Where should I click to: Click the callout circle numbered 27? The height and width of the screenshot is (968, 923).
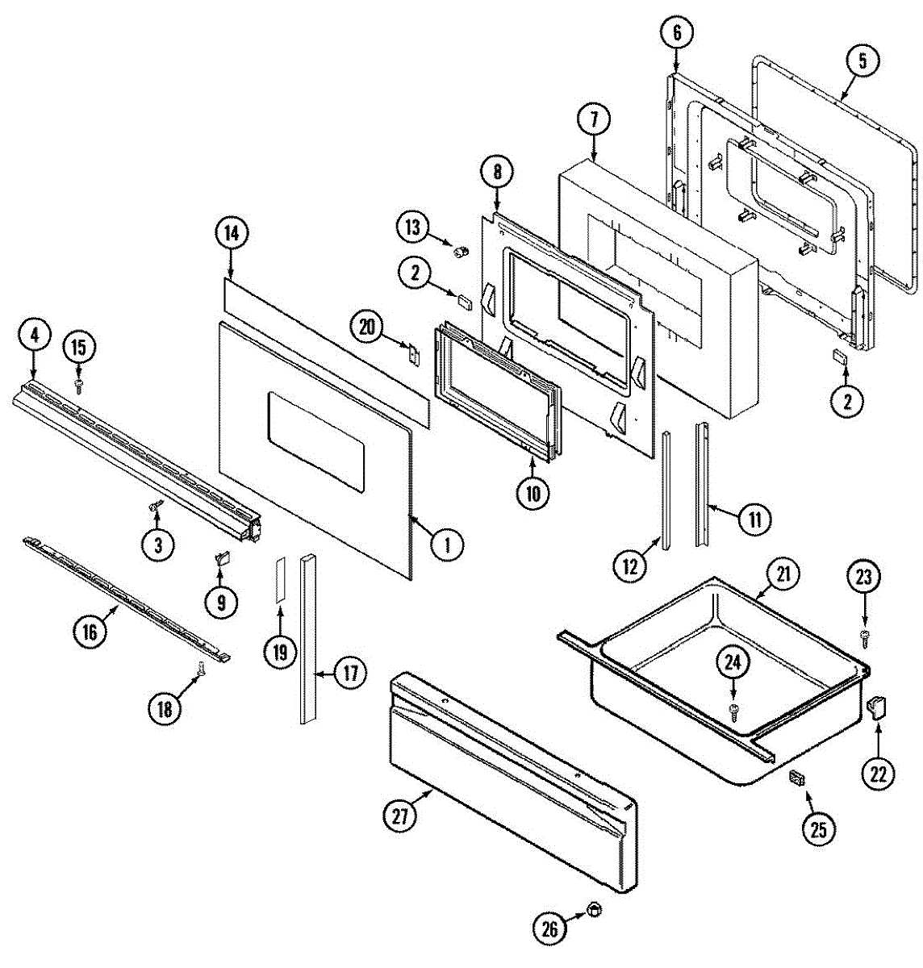click(401, 816)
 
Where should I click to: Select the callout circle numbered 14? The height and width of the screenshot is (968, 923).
click(232, 233)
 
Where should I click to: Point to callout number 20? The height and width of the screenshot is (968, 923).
click(367, 327)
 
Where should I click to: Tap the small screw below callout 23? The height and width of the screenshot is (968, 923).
click(865, 636)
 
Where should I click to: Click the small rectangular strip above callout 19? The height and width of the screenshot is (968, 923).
click(279, 578)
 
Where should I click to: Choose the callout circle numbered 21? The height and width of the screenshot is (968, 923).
click(783, 575)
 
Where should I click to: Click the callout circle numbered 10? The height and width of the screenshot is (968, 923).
click(532, 492)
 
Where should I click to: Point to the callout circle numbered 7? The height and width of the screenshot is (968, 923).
click(594, 120)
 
